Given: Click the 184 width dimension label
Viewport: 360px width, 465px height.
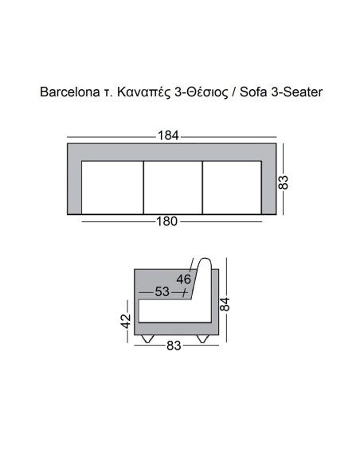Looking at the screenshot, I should pos(168,135).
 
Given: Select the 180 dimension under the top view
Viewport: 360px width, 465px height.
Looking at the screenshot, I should pos(166,221).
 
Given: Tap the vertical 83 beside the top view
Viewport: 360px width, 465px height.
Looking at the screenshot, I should pos(283,182).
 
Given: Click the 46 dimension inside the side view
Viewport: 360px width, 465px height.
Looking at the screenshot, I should pos(184,279).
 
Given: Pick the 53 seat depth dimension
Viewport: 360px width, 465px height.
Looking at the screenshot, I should pos(162,293).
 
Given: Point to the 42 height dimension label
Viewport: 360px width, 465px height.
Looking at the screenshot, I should pos(125,321).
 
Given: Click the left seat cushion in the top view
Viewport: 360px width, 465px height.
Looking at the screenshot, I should pos(112,187).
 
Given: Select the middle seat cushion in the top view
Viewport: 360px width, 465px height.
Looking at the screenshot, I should pos(172,187).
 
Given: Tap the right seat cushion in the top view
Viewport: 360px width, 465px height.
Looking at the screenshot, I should pos(232,187).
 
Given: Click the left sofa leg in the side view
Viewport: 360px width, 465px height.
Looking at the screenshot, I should pos(147,338).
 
